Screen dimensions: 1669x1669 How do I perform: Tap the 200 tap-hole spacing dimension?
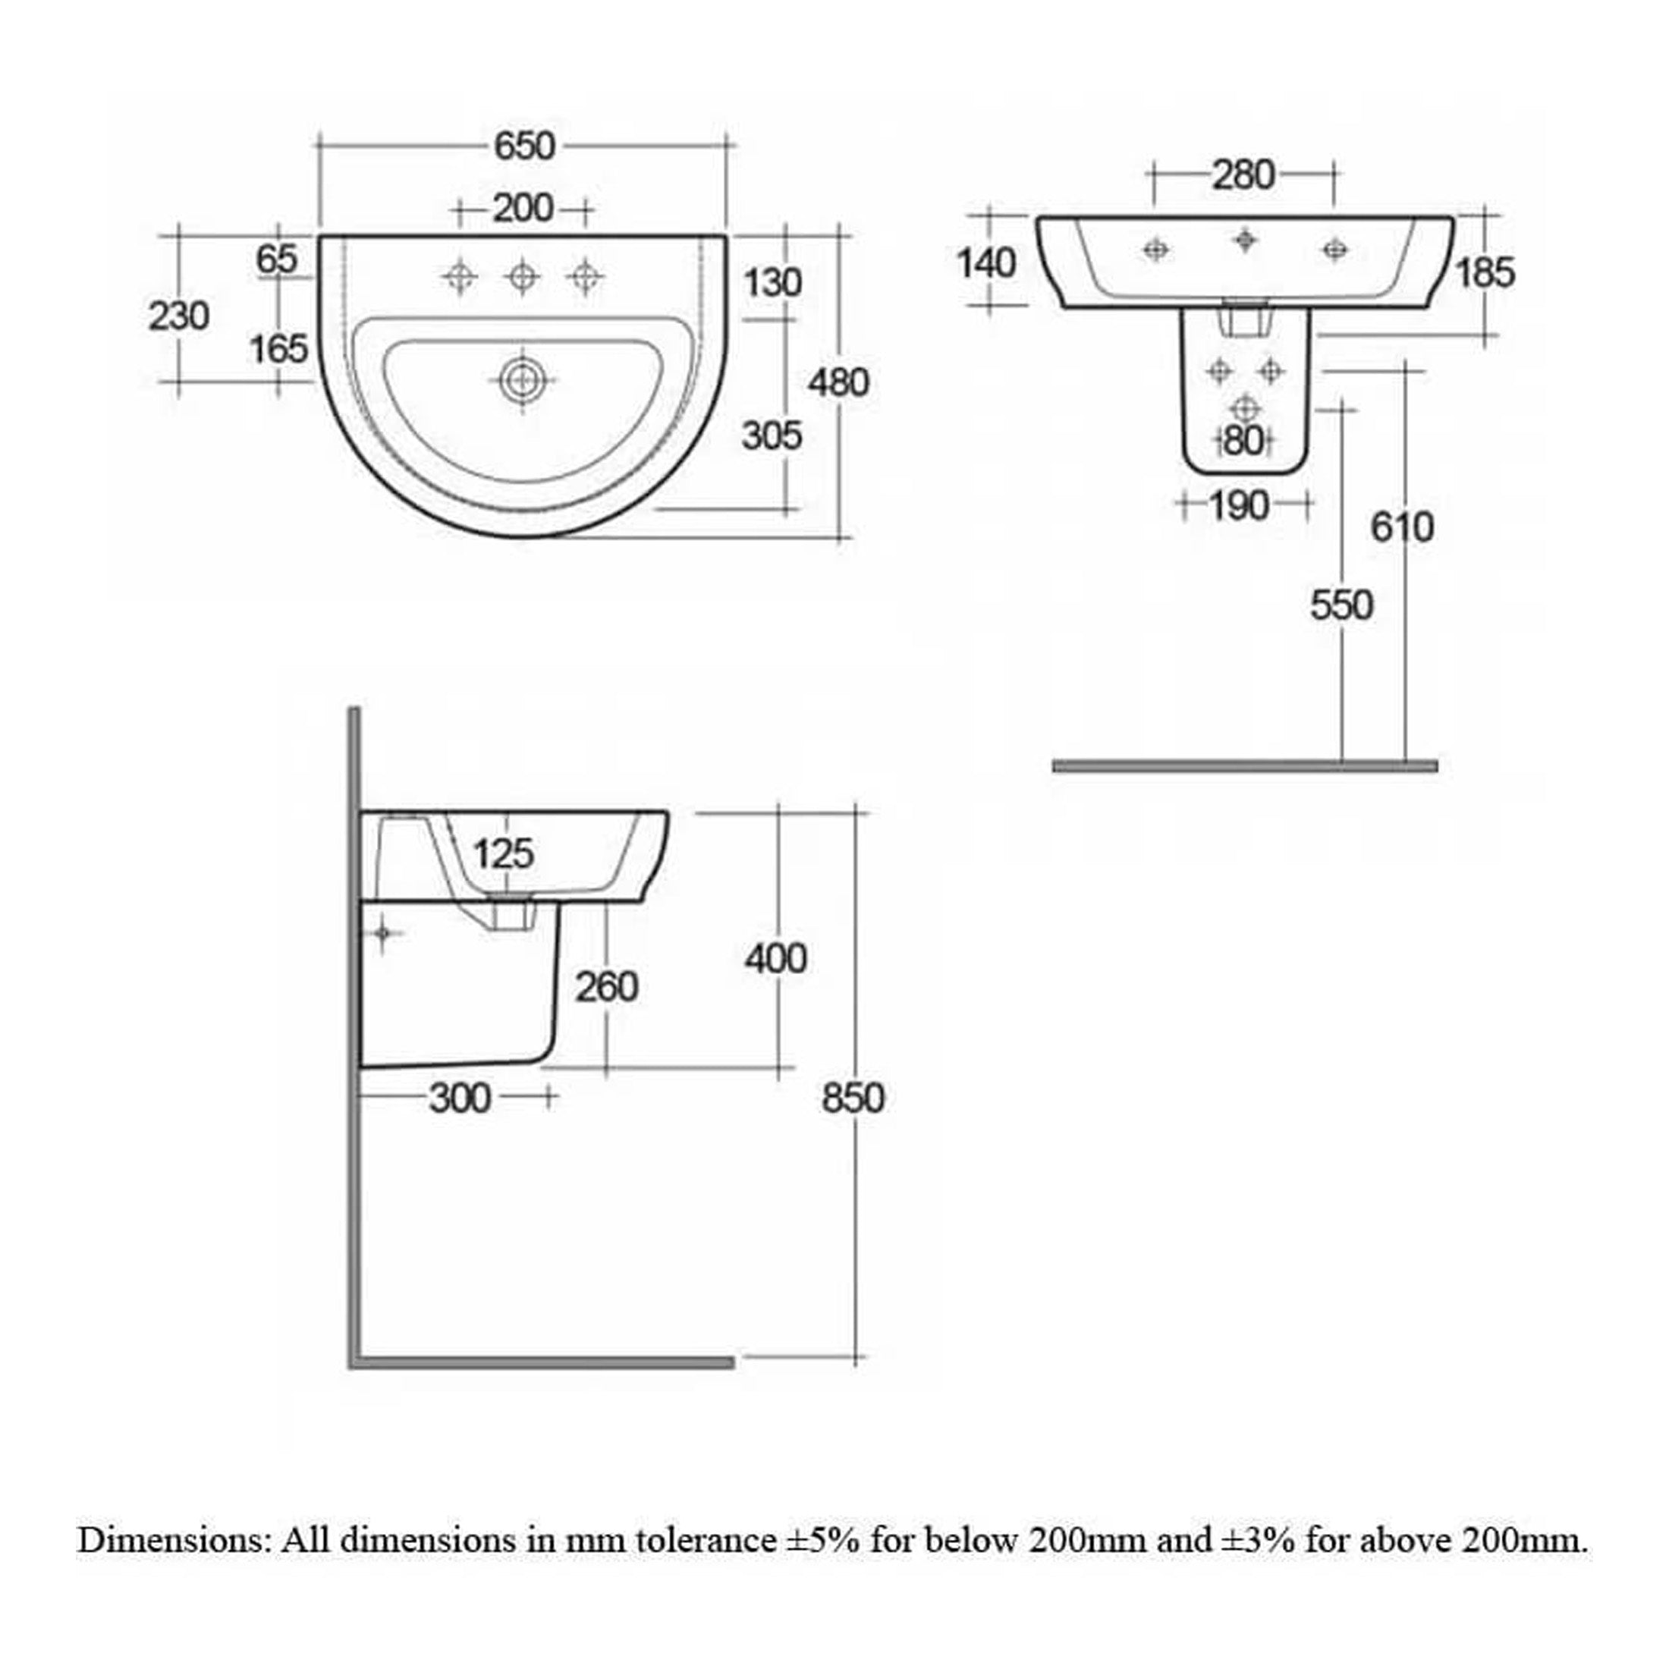click(523, 208)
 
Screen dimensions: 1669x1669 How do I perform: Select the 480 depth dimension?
click(838, 382)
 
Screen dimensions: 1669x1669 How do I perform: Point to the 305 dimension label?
click(772, 435)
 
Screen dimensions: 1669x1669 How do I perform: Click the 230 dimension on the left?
click(179, 316)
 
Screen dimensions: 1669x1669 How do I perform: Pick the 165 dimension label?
click(279, 349)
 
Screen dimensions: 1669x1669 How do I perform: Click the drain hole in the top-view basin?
click(522, 380)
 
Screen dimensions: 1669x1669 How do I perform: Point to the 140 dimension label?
click(986, 263)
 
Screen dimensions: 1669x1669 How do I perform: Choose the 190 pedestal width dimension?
click(1239, 506)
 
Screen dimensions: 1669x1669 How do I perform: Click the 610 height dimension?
click(1402, 527)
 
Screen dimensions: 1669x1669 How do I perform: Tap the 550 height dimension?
click(1341, 605)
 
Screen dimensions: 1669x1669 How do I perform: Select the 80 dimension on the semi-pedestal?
click(1245, 442)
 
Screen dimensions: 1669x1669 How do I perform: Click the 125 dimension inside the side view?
click(504, 854)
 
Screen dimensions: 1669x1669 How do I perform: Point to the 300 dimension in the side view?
click(460, 1099)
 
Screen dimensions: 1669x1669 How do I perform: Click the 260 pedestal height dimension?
click(608, 988)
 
